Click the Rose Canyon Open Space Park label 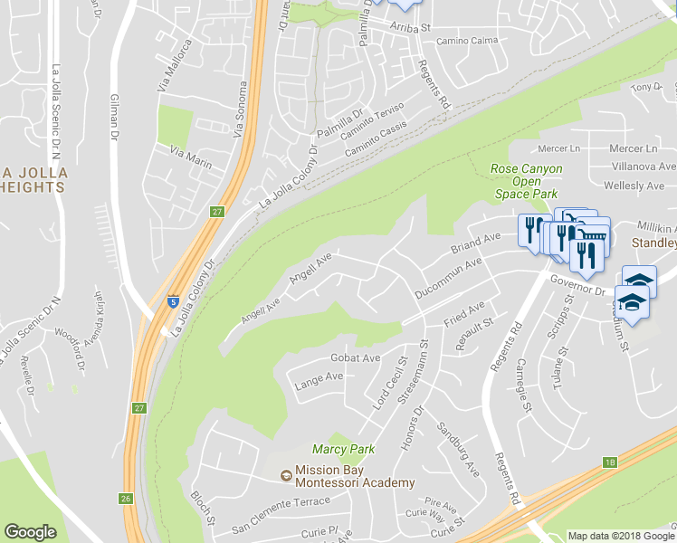tap(526, 181)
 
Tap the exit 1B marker tap(609, 462)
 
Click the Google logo tap(30, 532)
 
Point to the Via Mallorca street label tap(176, 67)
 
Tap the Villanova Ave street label tap(642, 167)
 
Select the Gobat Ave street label tap(355, 357)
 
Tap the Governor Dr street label tap(577, 285)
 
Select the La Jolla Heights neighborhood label tap(33, 180)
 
